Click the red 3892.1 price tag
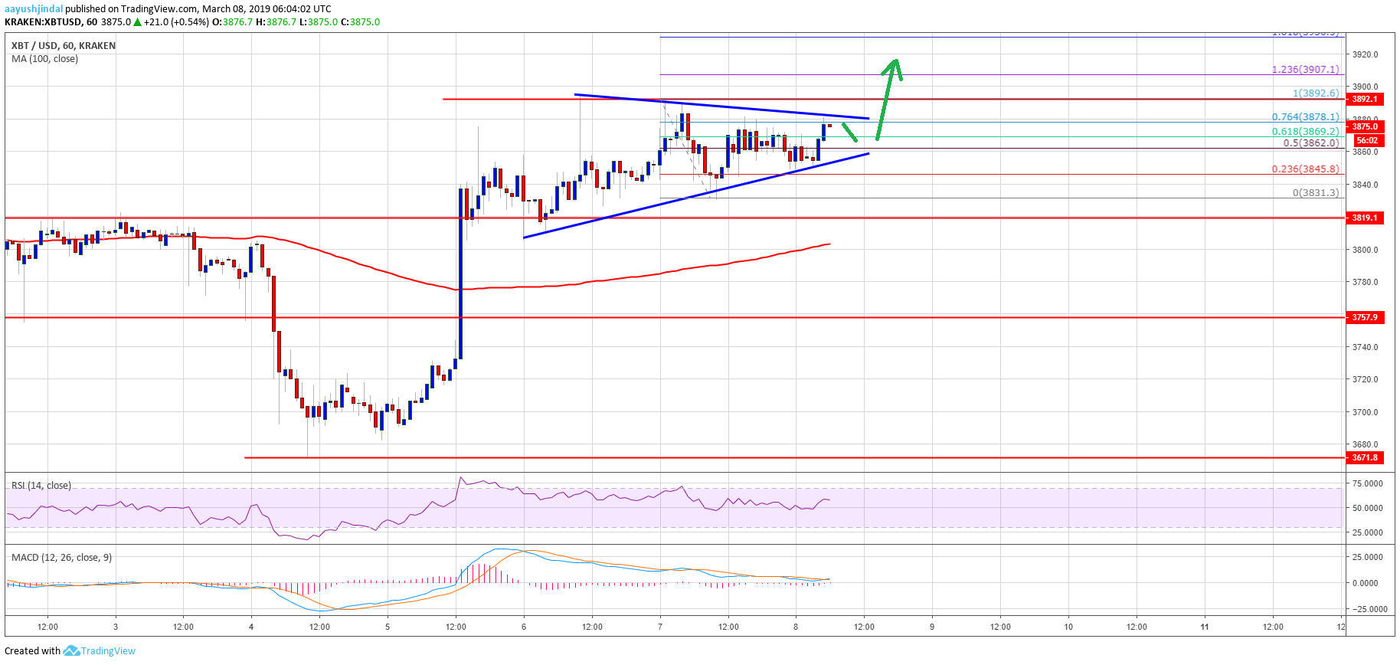(1365, 100)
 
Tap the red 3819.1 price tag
(1365, 218)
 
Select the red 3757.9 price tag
(1365, 317)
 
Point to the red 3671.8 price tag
(1365, 458)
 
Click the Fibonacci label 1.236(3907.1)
(1305, 70)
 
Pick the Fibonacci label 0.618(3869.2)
(1305, 132)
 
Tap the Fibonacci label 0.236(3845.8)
(1305, 169)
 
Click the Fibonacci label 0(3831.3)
(1315, 193)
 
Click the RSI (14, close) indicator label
(41, 486)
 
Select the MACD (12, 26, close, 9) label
(61, 558)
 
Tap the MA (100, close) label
(44, 59)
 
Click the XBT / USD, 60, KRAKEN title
(64, 46)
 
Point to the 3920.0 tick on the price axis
(1365, 54)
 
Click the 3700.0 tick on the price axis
(1365, 412)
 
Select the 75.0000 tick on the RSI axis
(1367, 484)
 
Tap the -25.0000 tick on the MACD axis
(1367, 610)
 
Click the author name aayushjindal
(34, 9)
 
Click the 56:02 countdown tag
(1366, 141)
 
